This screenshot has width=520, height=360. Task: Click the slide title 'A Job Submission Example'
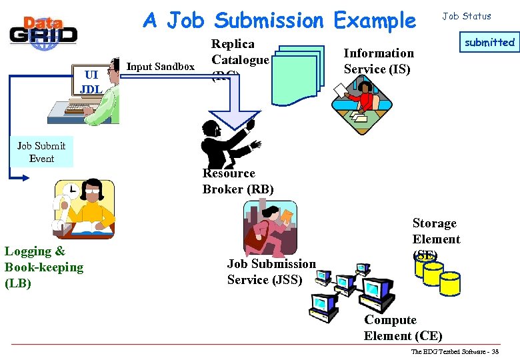(x=279, y=21)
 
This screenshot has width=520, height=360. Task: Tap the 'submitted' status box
(x=489, y=43)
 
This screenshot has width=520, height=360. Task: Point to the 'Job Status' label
(x=467, y=16)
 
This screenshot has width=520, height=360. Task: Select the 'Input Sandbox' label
(x=160, y=67)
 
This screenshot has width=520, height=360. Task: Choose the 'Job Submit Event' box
(x=41, y=152)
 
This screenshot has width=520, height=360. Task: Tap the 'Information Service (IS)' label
(x=379, y=61)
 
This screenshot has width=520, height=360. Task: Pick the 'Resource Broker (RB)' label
(x=238, y=181)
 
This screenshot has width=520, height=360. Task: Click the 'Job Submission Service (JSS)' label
(x=271, y=271)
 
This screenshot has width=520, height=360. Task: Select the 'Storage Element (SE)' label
(x=436, y=239)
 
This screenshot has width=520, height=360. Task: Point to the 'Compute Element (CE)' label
(x=403, y=328)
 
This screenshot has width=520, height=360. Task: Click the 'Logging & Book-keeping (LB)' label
(x=44, y=267)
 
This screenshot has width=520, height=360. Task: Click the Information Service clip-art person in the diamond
(x=363, y=103)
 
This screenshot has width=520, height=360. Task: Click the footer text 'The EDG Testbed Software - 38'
(x=455, y=351)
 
